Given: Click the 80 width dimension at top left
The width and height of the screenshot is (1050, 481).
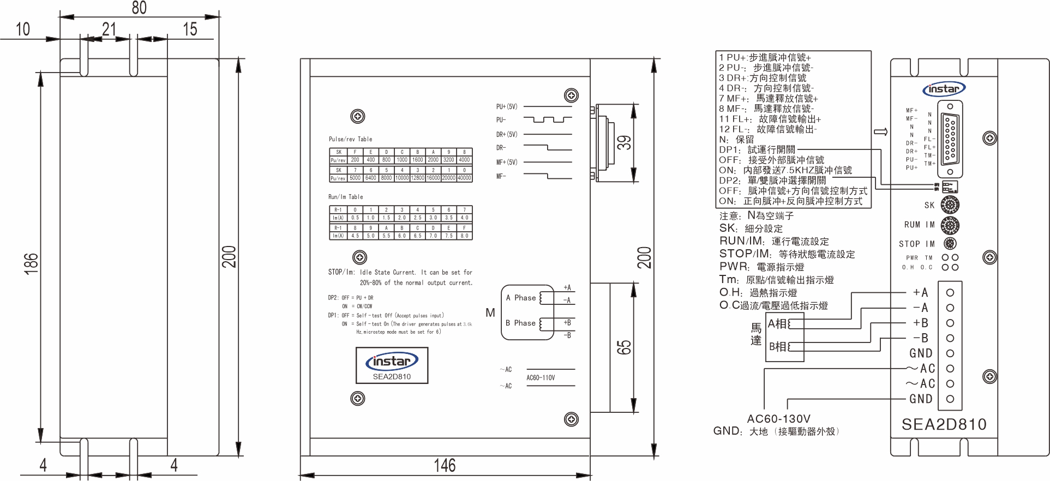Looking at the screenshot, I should tap(139, 8).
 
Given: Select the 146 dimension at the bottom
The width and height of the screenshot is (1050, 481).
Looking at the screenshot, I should tap(445, 465).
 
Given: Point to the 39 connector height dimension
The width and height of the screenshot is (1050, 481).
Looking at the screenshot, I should tap(625, 143).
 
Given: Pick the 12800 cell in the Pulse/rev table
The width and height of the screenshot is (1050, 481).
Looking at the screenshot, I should tap(417, 178).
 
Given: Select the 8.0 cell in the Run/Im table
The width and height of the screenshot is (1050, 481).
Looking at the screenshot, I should tap(464, 236).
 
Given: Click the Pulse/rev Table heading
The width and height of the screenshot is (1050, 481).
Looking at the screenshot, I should tap(350, 139).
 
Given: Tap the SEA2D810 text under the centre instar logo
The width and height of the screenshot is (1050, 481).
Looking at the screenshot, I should tap(392, 376).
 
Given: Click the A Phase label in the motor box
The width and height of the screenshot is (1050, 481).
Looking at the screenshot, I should tap(520, 298).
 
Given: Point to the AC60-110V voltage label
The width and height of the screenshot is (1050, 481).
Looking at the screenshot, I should tap(541, 377).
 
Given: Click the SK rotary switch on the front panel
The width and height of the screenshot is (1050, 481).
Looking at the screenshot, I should tap(950, 205).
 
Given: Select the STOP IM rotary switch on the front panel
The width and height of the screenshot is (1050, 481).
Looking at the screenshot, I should tap(950, 244).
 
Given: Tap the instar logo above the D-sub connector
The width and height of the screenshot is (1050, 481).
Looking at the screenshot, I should tap(944, 89).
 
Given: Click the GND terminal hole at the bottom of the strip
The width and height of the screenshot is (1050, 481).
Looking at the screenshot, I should tap(950, 399).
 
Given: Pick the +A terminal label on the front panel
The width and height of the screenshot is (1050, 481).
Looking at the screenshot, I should tap(920, 293).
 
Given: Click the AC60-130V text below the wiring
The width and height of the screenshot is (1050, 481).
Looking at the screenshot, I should tap(778, 419).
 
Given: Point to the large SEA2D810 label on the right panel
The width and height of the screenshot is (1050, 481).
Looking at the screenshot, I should tap(944, 424).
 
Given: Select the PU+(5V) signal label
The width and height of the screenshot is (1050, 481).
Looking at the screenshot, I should tap(506, 107).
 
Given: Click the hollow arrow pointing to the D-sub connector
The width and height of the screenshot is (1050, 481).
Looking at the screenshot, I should tap(880, 132).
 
